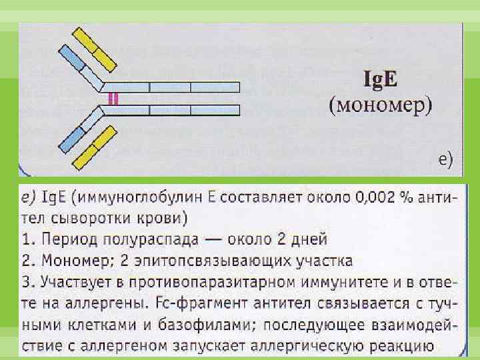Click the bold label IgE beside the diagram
[379, 81]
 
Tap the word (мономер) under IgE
[381, 105]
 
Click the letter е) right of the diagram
[445, 159]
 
